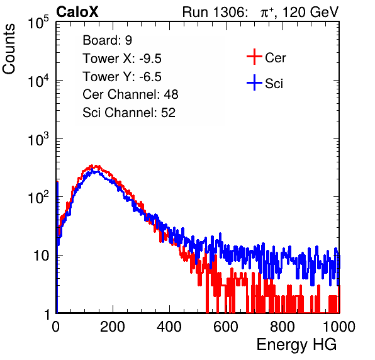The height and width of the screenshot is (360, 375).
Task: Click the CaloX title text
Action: tap(77, 12)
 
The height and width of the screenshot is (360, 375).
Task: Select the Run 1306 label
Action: tap(215, 12)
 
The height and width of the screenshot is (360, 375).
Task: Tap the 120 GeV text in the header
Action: tap(311, 12)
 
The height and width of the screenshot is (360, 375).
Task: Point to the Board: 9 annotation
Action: tap(107, 40)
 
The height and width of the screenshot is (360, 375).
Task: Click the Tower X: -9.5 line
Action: tap(122, 59)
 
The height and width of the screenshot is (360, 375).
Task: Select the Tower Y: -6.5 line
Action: tap(122, 77)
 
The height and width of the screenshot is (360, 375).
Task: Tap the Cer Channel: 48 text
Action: tap(130, 94)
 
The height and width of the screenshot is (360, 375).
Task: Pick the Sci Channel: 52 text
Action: tap(129, 113)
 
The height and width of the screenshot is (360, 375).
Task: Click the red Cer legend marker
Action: tap(254, 57)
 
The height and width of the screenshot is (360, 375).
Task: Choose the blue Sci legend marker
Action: tap(254, 82)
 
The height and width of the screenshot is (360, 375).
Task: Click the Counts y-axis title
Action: tap(9, 49)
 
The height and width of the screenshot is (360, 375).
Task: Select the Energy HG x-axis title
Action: tap(296, 345)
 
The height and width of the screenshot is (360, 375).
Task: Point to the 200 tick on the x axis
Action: tap(113, 327)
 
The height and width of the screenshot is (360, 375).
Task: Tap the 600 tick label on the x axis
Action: tap(226, 327)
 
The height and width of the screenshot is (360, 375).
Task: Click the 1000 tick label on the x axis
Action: tap(339, 327)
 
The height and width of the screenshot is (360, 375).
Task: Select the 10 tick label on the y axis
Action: tap(42, 256)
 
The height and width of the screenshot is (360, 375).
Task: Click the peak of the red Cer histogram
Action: tap(92, 166)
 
